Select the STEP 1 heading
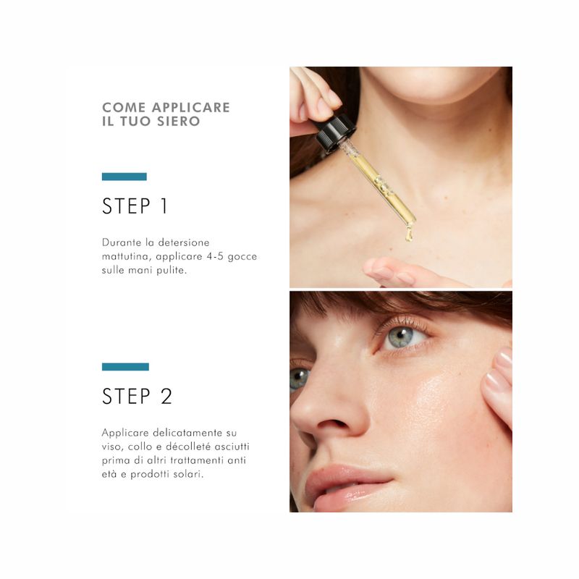click(135, 206)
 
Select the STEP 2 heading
click(137, 397)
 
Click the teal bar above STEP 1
click(124, 177)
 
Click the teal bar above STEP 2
click(125, 367)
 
